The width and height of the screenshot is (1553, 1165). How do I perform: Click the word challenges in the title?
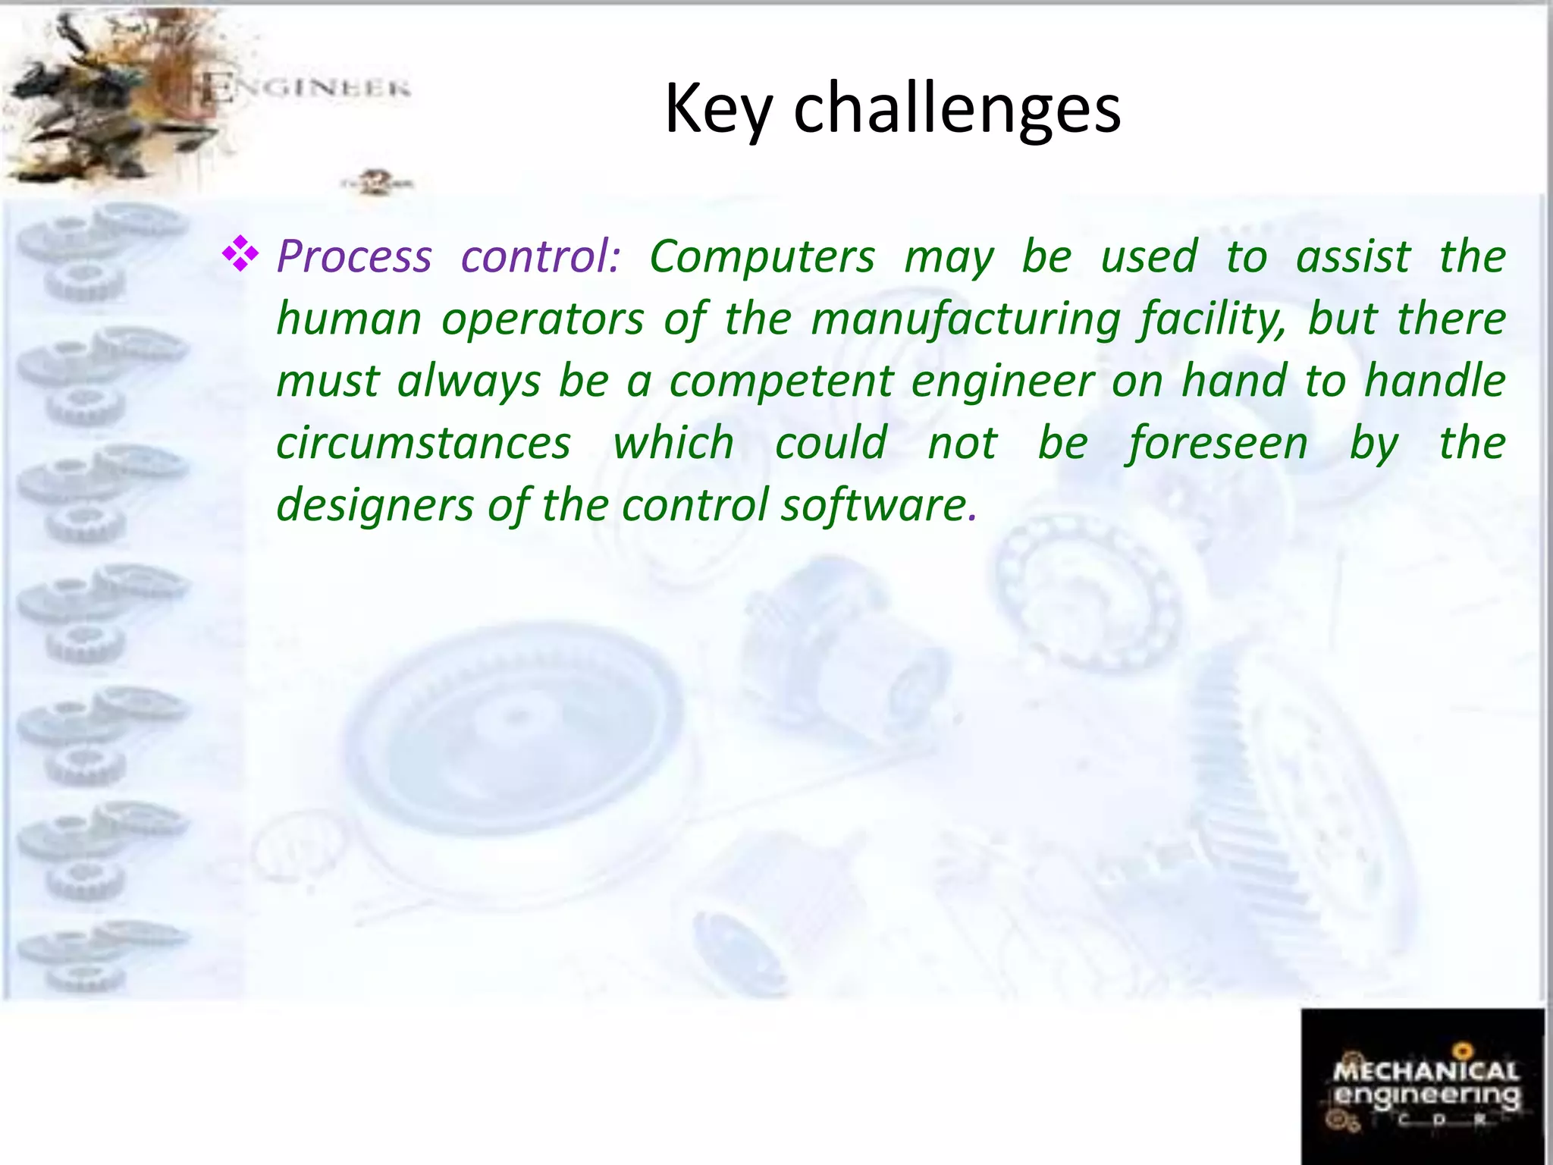pyautogui.click(x=957, y=110)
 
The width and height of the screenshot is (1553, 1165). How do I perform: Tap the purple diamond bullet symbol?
pyautogui.click(x=240, y=254)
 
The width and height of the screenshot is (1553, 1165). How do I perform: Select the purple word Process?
pyautogui.click(x=354, y=256)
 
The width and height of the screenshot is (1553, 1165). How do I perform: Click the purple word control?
pyautogui.click(x=541, y=256)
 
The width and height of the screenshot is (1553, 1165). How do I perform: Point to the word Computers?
pyautogui.click(x=762, y=256)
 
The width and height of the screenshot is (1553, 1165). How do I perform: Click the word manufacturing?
pyautogui.click(x=965, y=319)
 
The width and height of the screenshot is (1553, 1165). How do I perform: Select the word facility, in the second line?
pyautogui.click(x=1213, y=319)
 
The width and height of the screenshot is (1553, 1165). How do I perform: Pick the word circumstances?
pyautogui.click(x=423, y=443)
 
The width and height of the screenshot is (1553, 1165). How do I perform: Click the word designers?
pyautogui.click(x=375, y=505)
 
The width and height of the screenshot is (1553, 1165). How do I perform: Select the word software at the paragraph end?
pyautogui.click(x=874, y=505)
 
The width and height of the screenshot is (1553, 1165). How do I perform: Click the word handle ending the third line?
pyautogui.click(x=1435, y=381)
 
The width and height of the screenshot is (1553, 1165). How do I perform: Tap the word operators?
pyautogui.click(x=543, y=319)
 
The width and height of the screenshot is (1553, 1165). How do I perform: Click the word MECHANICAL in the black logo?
pyautogui.click(x=1426, y=1071)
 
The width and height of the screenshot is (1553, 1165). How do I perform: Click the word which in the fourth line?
pyautogui.click(x=673, y=443)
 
